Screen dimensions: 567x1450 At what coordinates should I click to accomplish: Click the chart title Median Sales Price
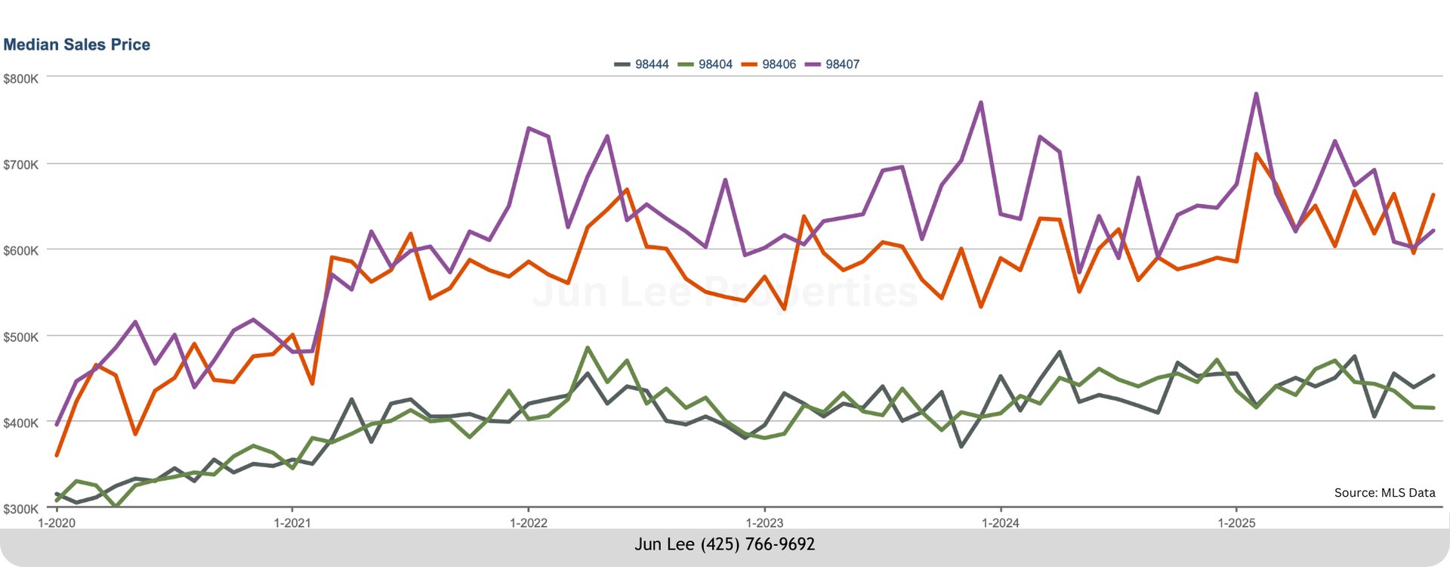(76, 45)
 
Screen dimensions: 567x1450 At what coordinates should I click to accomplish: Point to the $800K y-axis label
(20, 79)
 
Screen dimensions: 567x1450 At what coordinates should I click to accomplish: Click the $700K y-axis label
(20, 165)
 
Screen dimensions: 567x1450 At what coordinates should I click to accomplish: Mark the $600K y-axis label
(20, 251)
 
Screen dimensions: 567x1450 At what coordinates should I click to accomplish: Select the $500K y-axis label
(20, 337)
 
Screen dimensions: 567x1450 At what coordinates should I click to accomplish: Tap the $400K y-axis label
(20, 423)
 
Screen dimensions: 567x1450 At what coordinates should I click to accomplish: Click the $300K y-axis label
(20, 509)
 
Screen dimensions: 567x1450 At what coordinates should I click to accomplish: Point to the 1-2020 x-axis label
(57, 522)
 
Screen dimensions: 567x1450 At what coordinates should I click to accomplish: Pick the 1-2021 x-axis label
(292, 522)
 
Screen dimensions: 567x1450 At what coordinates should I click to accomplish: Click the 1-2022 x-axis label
(529, 522)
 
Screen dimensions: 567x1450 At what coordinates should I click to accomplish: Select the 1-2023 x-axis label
(764, 522)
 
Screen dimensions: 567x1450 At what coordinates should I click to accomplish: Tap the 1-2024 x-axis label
(1001, 522)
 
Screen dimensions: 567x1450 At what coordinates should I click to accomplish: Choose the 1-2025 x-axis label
(1236, 522)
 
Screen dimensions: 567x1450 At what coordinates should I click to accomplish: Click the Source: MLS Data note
(1384, 493)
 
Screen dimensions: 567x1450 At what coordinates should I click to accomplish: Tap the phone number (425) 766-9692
(757, 544)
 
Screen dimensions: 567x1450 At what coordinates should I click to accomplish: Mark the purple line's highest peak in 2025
(1256, 94)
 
